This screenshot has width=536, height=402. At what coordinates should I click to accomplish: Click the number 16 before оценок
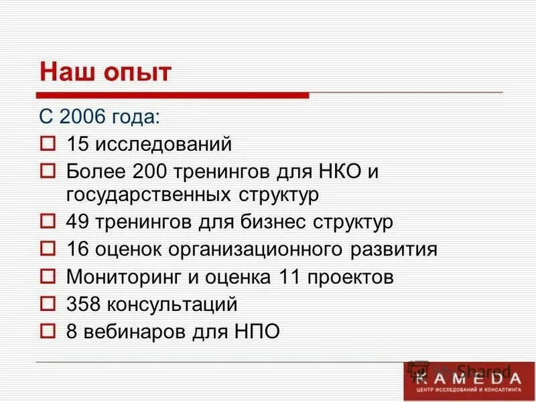click(77, 249)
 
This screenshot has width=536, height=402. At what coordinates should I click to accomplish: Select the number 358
click(82, 304)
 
